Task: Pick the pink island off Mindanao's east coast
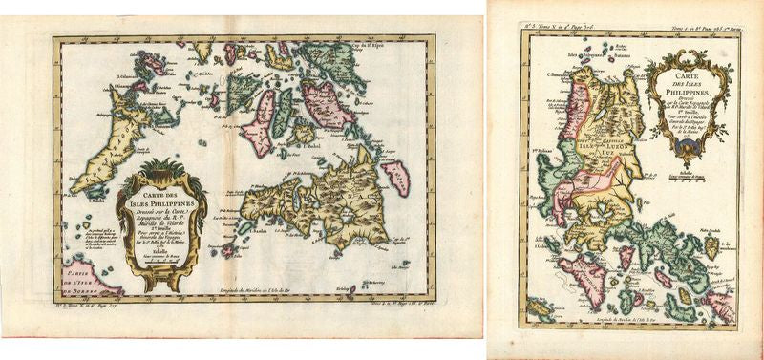point(393,175)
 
